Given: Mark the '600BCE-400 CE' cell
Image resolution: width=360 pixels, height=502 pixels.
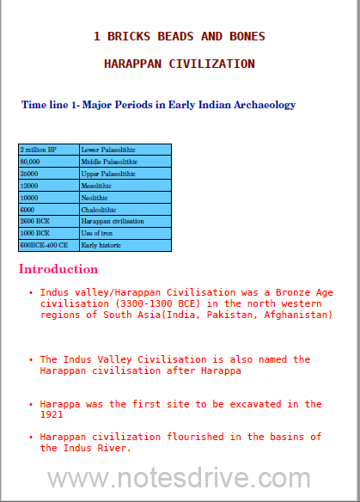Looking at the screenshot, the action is pyautogui.click(x=42, y=245).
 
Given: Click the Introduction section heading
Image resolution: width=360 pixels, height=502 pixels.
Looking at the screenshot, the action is pyautogui.click(x=58, y=269).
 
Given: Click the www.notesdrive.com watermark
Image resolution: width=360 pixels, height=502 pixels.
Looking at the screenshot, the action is pyautogui.click(x=179, y=478).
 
